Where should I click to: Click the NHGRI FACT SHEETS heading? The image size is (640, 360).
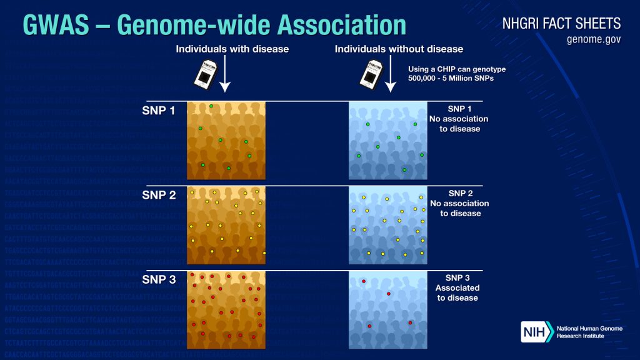(561, 24)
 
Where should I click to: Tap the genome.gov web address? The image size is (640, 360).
(593, 40)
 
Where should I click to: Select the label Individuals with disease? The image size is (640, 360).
(232, 49)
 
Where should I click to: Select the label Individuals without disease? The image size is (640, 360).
(399, 49)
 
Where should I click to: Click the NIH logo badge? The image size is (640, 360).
(537, 331)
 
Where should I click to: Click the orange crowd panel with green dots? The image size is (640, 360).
(226, 140)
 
